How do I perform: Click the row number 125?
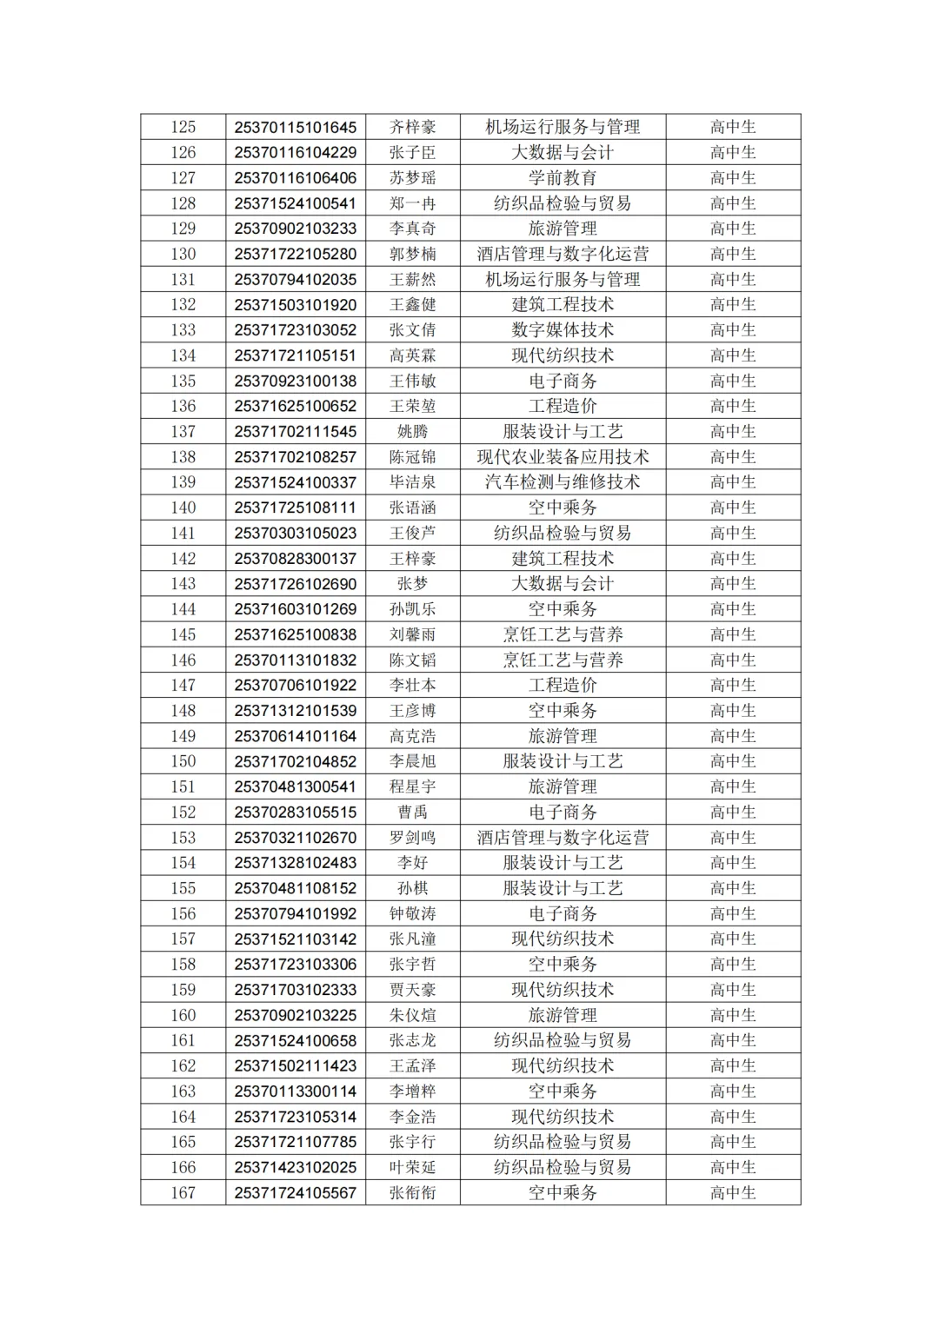click(x=183, y=127)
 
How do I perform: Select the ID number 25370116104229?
click(x=295, y=152)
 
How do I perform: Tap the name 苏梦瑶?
click(x=412, y=178)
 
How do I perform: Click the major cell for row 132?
click(x=563, y=305)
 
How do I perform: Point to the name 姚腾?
click(x=412, y=432)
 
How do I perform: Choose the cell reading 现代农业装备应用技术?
click(x=563, y=457)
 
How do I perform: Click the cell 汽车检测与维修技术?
click(x=563, y=482)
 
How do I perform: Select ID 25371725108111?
click(x=295, y=508)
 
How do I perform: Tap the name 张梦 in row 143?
click(x=412, y=584)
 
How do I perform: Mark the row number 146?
click(x=183, y=660)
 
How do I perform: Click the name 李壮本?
click(x=412, y=686)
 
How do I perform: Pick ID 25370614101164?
click(x=295, y=736)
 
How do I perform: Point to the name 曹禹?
click(x=412, y=813)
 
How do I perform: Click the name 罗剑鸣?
click(x=412, y=838)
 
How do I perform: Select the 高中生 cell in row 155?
click(x=733, y=888)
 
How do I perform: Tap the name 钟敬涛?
click(x=412, y=913)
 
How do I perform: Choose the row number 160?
click(x=183, y=1015)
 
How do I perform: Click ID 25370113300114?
click(x=295, y=1091)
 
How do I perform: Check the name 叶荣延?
click(x=412, y=1167)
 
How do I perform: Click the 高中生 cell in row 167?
click(x=733, y=1193)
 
